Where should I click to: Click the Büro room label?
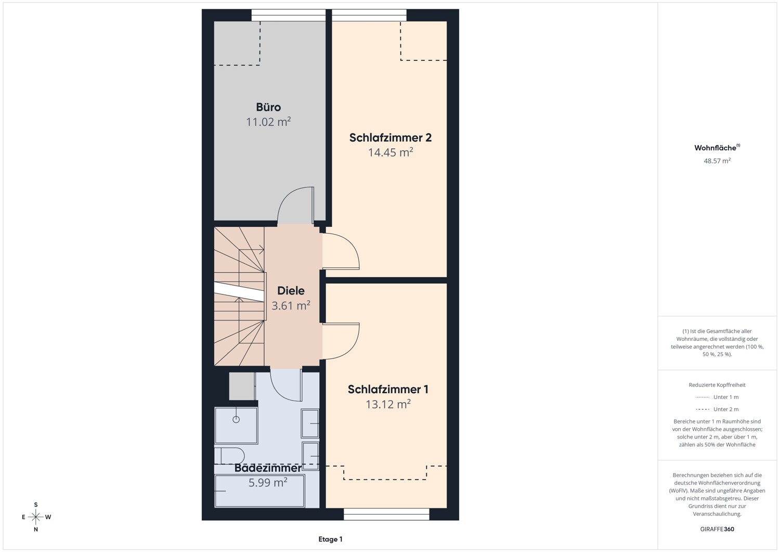(268, 107)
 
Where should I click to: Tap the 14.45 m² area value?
(391, 152)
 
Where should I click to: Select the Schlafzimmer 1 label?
(388, 389)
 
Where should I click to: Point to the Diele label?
(291, 291)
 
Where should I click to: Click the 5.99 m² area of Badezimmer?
(268, 482)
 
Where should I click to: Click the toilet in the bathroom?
(229, 456)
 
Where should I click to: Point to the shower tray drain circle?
(236, 419)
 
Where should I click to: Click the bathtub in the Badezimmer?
(260, 491)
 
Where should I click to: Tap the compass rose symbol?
(36, 517)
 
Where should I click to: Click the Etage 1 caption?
(330, 539)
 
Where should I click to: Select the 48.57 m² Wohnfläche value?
(717, 161)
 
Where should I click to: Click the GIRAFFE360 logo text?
(717, 529)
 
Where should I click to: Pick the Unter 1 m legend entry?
(717, 397)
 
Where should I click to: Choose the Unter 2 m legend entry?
(717, 409)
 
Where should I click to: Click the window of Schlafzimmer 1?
(386, 514)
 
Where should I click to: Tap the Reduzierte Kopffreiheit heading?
(717, 384)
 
